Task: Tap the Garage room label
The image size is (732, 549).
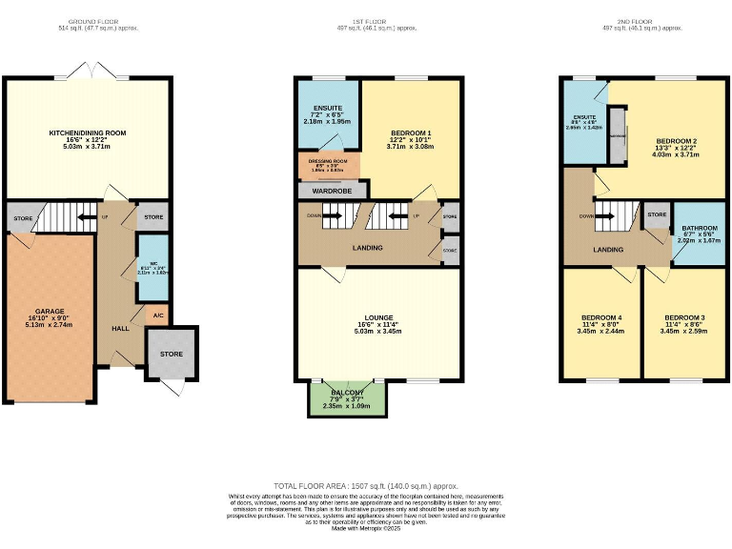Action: coord(50,312)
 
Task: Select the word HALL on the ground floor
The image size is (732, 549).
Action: coord(120,328)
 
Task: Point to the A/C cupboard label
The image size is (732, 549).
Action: coord(158,314)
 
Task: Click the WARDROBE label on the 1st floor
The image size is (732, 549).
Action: coord(329,190)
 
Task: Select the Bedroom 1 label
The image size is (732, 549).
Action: coord(411,133)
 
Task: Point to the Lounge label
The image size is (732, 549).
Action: coord(378,318)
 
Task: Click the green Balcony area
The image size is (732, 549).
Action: coord(348,399)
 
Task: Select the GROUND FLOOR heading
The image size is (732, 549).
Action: coord(91,20)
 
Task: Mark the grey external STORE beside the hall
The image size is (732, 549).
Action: coord(171,354)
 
